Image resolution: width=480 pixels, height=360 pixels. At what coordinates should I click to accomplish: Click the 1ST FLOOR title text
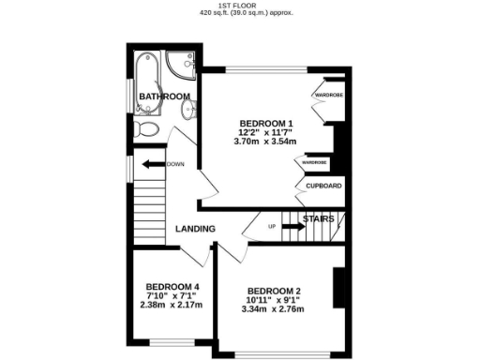coord(239,6)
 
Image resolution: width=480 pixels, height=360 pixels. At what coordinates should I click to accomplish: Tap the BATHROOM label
coord(165,97)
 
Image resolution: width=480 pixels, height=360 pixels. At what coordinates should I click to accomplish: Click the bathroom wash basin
coord(187,111)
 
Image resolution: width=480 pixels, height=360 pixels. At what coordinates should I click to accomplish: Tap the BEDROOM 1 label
coord(266,123)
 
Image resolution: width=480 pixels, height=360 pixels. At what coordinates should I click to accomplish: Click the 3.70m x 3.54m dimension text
coord(266,142)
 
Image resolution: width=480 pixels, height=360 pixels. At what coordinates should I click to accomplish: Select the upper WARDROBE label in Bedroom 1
coord(326,95)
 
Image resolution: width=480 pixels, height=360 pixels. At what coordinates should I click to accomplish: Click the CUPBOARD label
coord(323,186)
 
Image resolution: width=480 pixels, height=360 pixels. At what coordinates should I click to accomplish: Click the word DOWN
coord(175,165)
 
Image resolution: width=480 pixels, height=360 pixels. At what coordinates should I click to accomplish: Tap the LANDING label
coord(195,229)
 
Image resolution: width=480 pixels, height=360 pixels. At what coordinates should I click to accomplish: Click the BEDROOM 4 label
coord(172,287)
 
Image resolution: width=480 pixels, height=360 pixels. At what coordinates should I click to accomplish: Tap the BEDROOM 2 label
coord(274,292)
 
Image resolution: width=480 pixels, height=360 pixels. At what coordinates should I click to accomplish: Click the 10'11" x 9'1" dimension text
coord(274,300)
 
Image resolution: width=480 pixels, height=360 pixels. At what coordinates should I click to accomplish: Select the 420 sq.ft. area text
coord(239,14)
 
